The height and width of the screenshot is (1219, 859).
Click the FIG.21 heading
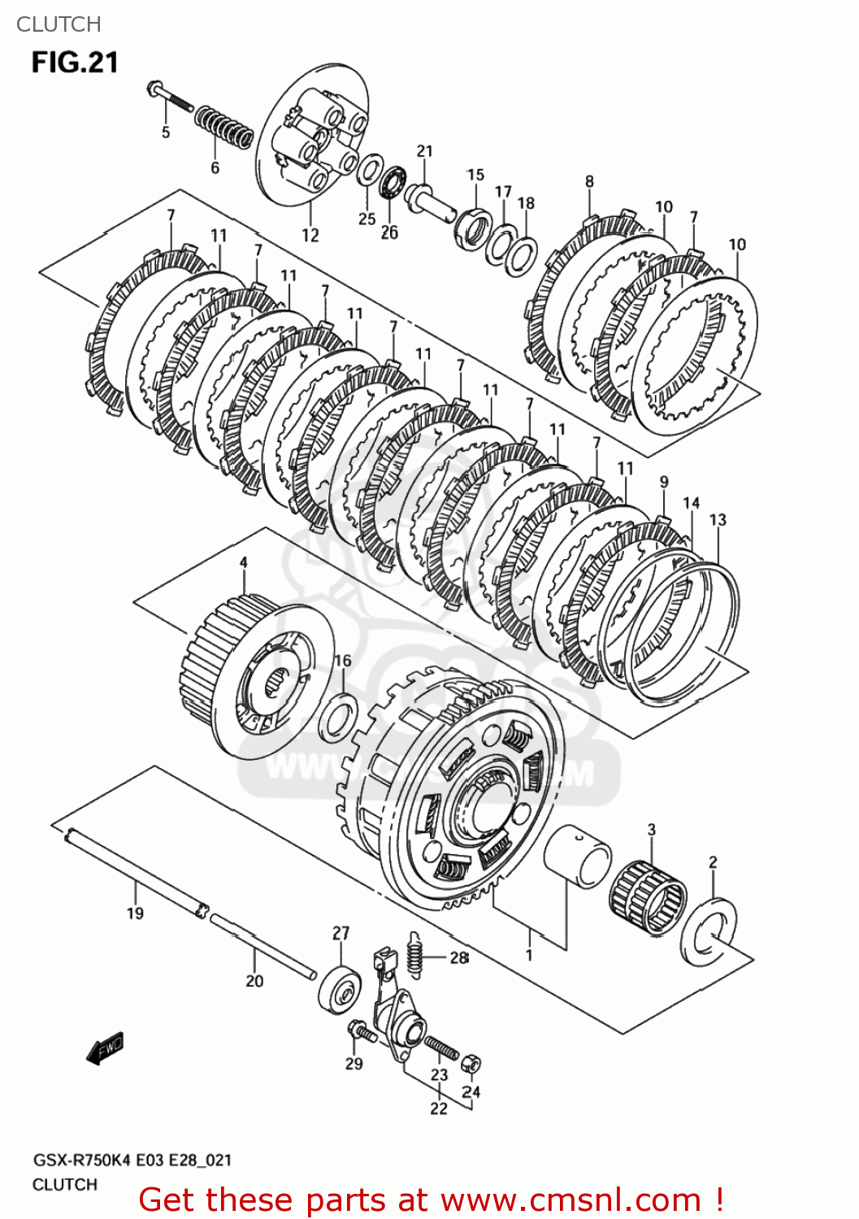click(x=75, y=63)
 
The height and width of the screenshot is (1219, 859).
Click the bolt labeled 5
click(x=169, y=98)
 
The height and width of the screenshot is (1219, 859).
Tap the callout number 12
click(x=310, y=236)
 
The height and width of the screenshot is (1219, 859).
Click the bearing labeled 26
click(x=393, y=181)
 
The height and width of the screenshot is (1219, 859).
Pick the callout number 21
click(x=425, y=151)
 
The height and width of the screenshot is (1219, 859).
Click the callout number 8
click(x=589, y=182)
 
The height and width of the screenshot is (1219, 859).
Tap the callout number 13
click(x=718, y=520)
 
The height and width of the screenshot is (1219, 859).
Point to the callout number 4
click(x=243, y=563)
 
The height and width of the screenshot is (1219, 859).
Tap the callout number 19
click(x=135, y=913)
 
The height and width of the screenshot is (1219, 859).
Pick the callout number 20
click(x=254, y=981)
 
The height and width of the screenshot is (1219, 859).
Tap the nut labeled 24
click(x=470, y=1064)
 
